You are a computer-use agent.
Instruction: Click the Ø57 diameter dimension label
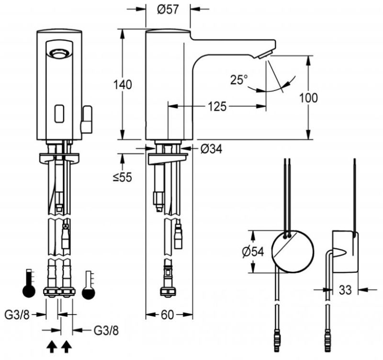169,9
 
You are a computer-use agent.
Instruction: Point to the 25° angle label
238,80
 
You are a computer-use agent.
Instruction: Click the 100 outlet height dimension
308,98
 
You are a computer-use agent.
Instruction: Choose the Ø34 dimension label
211,149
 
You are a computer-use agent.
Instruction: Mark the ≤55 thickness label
122,177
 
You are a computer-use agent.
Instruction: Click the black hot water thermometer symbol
29,286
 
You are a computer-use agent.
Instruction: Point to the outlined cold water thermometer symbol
88,287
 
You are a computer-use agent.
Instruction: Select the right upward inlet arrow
67,345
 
